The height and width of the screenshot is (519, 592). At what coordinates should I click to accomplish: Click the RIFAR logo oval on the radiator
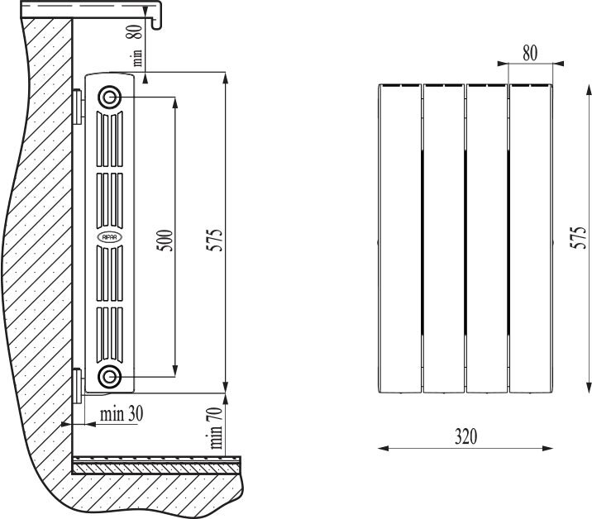click(110, 237)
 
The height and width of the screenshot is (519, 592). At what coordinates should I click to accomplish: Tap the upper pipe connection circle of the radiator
click(109, 98)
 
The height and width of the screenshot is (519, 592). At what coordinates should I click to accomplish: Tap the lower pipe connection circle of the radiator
click(109, 376)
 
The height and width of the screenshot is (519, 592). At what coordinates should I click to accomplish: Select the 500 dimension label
click(165, 240)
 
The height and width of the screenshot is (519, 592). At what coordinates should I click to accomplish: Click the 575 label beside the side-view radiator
click(214, 240)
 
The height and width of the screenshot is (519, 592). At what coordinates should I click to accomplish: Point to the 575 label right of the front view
click(579, 238)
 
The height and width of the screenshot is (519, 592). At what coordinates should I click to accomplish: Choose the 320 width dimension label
click(465, 436)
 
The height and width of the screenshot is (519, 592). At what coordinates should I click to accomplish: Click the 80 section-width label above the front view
click(530, 53)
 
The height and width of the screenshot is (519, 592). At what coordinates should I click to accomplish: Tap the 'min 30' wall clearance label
click(122, 414)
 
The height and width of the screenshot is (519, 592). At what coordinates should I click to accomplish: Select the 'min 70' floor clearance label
click(216, 427)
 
